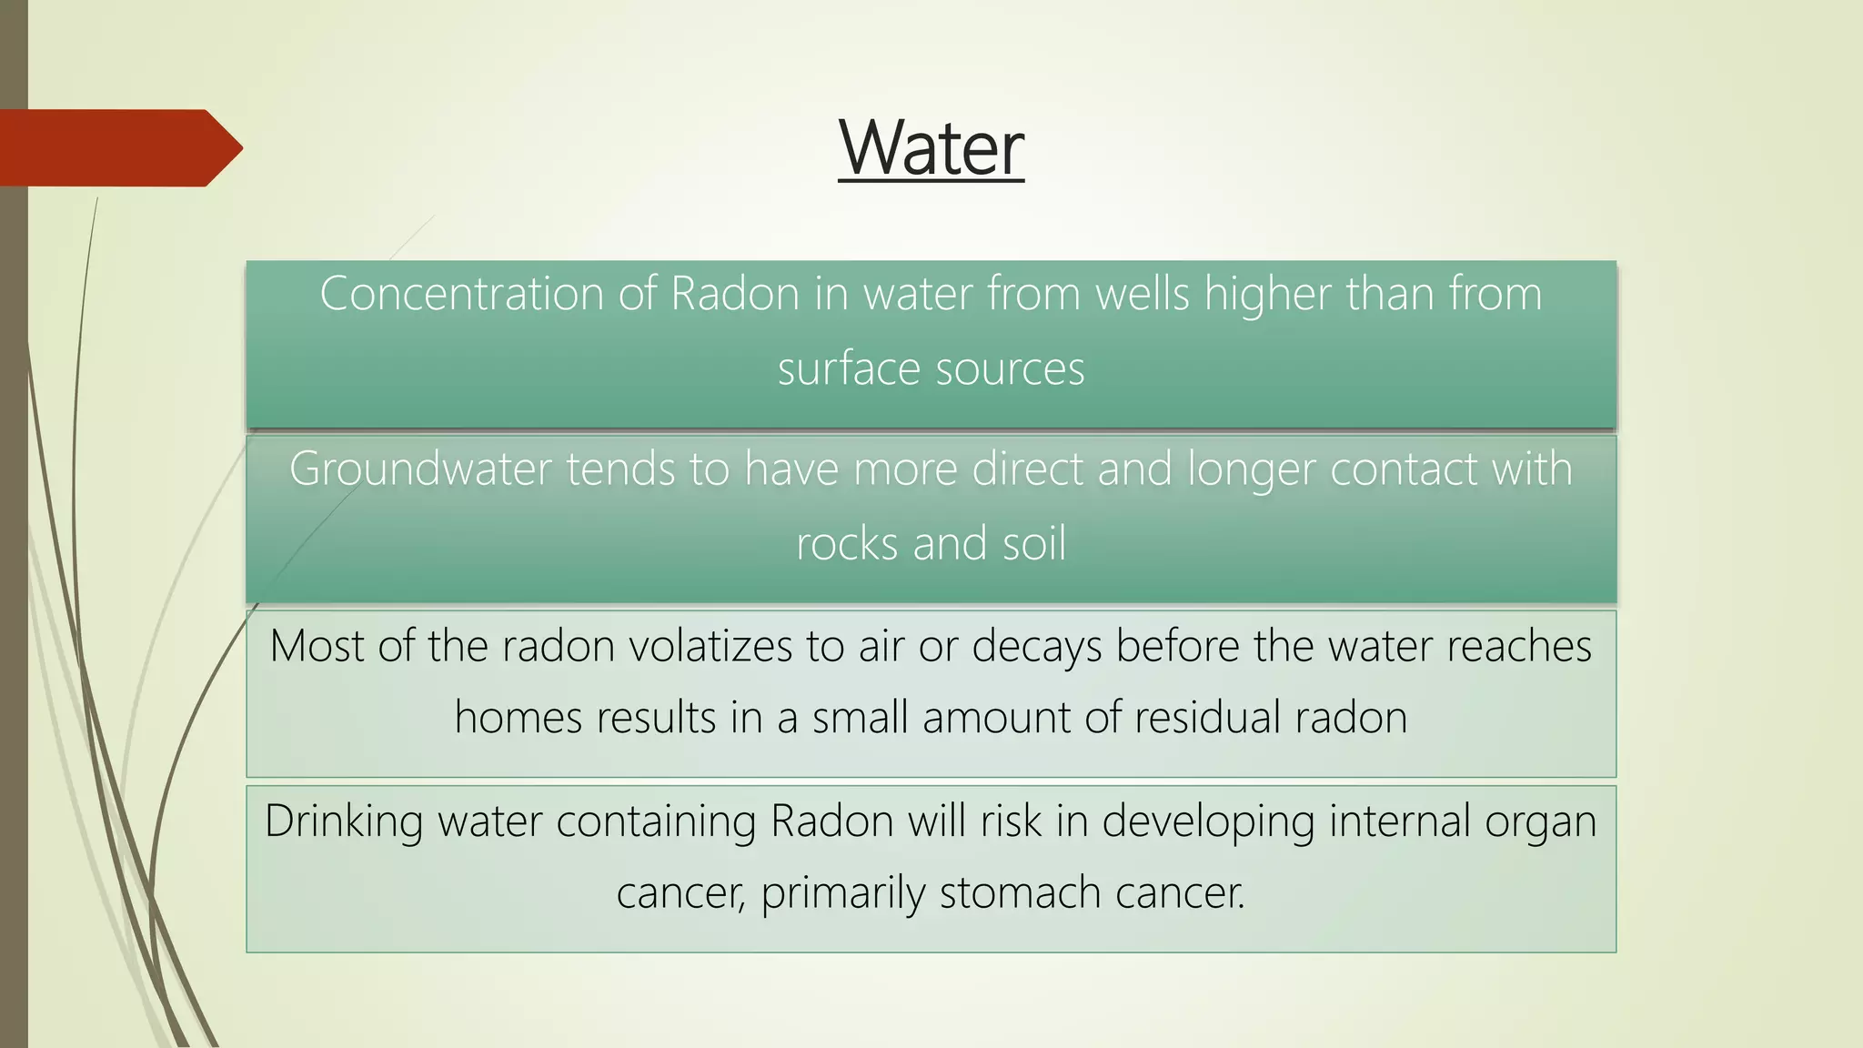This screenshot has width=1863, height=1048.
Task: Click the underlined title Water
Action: (x=931, y=147)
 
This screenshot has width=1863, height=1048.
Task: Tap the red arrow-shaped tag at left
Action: (x=118, y=148)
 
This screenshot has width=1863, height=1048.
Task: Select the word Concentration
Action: (x=462, y=294)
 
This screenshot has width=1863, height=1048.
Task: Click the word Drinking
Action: (x=344, y=822)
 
